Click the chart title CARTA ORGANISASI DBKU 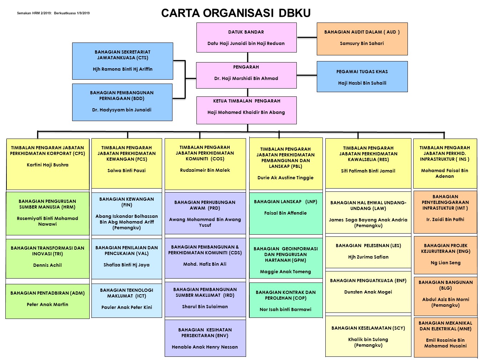pos(236,13)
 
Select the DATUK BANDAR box pos(246,37)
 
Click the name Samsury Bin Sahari pos(362,43)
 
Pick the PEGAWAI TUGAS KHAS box pos(362,76)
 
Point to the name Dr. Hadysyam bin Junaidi pos(121,110)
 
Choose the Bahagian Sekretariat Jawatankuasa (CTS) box pos(122,61)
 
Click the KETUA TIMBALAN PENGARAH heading pos(246,101)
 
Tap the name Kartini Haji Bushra pos(47,165)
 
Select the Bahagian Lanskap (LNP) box pos(286,213)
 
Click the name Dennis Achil pos(47,265)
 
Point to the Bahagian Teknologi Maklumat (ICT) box pos(127,301)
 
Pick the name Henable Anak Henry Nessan pos(205,347)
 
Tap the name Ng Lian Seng pos(445,263)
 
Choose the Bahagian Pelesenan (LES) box pos(368,252)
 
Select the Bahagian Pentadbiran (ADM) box pos(47,301)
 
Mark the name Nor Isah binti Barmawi pos(285,309)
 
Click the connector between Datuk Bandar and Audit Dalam pos(307,37)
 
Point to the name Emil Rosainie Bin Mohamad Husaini pos(445,343)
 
